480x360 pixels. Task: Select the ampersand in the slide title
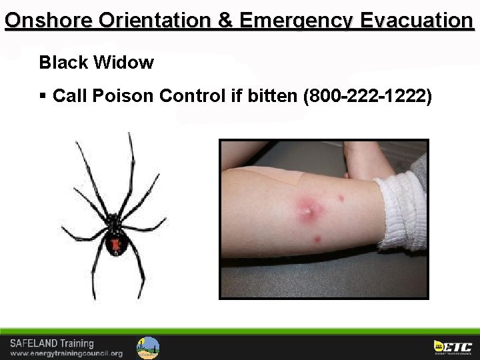click(226, 20)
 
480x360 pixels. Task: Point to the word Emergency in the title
click(295, 20)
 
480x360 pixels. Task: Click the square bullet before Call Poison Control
click(43, 96)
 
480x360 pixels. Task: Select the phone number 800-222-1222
click(367, 96)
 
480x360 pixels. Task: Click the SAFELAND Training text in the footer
click(52, 343)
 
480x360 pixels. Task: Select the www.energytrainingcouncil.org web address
click(67, 353)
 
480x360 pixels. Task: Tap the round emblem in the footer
click(148, 347)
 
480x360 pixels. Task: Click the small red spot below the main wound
click(317, 239)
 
